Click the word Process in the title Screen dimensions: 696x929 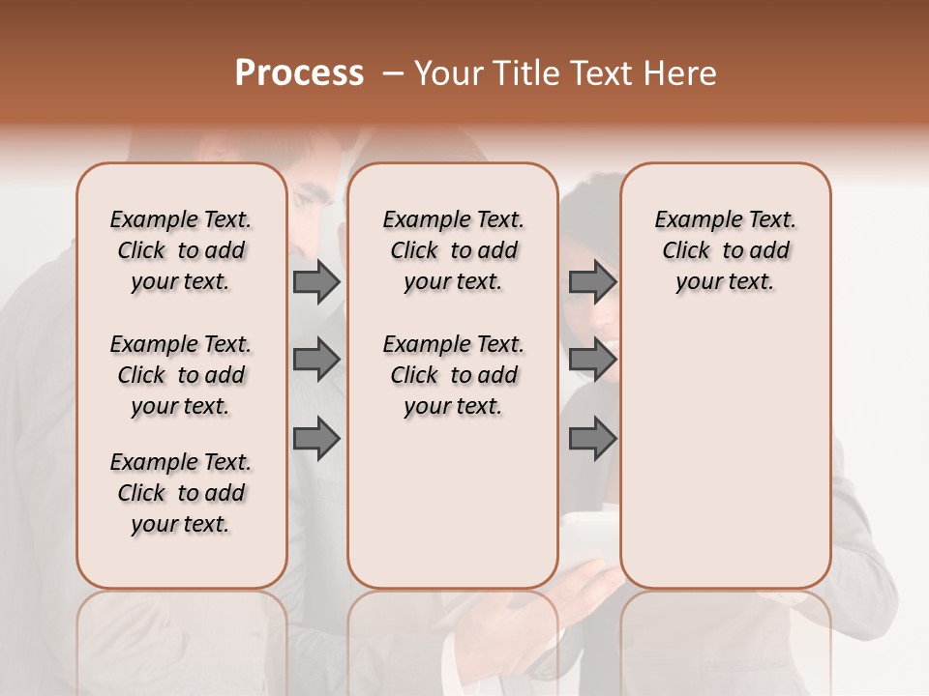299,73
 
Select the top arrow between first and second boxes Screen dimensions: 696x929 316,281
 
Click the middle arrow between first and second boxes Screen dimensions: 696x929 316,360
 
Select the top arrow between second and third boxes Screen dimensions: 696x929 592,281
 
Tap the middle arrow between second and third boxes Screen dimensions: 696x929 592,360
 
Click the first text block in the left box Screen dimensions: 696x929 181,250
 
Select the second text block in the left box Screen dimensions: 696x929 181,375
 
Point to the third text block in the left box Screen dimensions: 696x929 181,493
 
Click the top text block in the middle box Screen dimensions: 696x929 453,250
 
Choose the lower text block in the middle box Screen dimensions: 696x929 453,375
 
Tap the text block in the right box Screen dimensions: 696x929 725,250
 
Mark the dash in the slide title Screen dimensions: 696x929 393,73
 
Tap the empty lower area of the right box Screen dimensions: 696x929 725,454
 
